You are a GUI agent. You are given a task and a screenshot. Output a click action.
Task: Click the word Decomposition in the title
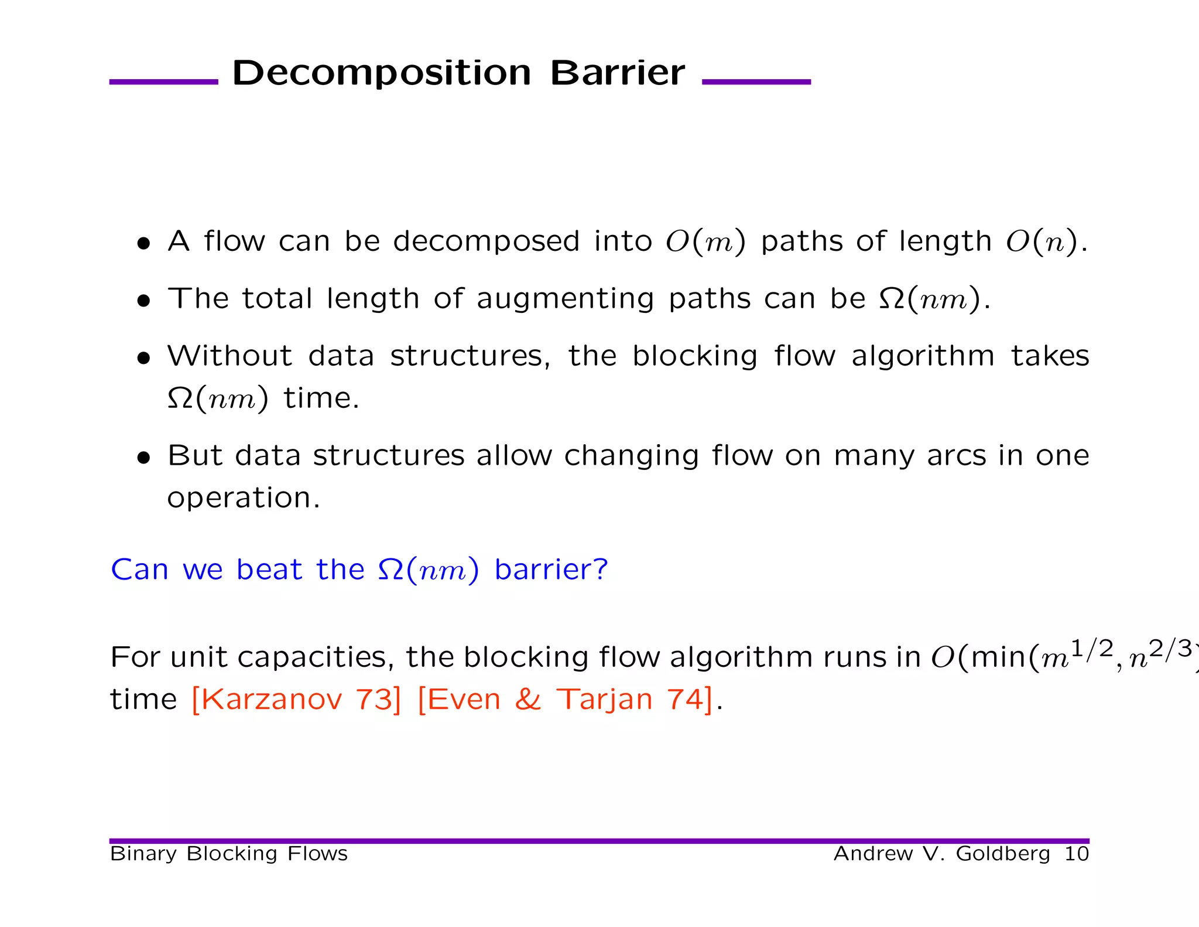tap(381, 74)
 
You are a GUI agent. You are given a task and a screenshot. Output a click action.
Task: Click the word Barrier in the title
tap(617, 74)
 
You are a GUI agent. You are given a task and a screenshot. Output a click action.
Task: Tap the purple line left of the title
tap(163, 82)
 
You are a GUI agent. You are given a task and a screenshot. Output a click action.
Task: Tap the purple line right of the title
tap(756, 82)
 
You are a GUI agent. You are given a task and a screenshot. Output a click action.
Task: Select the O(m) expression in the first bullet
tap(705, 241)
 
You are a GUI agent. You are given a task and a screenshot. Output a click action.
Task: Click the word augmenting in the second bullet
tap(565, 299)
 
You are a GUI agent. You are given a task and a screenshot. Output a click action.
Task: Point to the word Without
tap(230, 356)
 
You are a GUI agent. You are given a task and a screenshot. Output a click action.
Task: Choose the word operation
tap(243, 498)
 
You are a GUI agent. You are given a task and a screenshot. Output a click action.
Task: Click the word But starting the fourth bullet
tap(194, 455)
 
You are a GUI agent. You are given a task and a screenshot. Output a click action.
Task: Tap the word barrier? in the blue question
tap(551, 570)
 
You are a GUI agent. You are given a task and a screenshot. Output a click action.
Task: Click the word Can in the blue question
tap(139, 570)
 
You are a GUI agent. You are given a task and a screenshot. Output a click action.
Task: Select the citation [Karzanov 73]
tap(296, 699)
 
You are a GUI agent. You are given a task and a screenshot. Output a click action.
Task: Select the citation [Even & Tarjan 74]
tap(566, 699)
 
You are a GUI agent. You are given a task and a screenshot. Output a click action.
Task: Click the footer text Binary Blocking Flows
tap(229, 854)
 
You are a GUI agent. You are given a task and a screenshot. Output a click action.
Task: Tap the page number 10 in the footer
tap(1076, 854)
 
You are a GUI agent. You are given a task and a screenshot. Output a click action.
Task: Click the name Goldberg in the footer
tap(1003, 854)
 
